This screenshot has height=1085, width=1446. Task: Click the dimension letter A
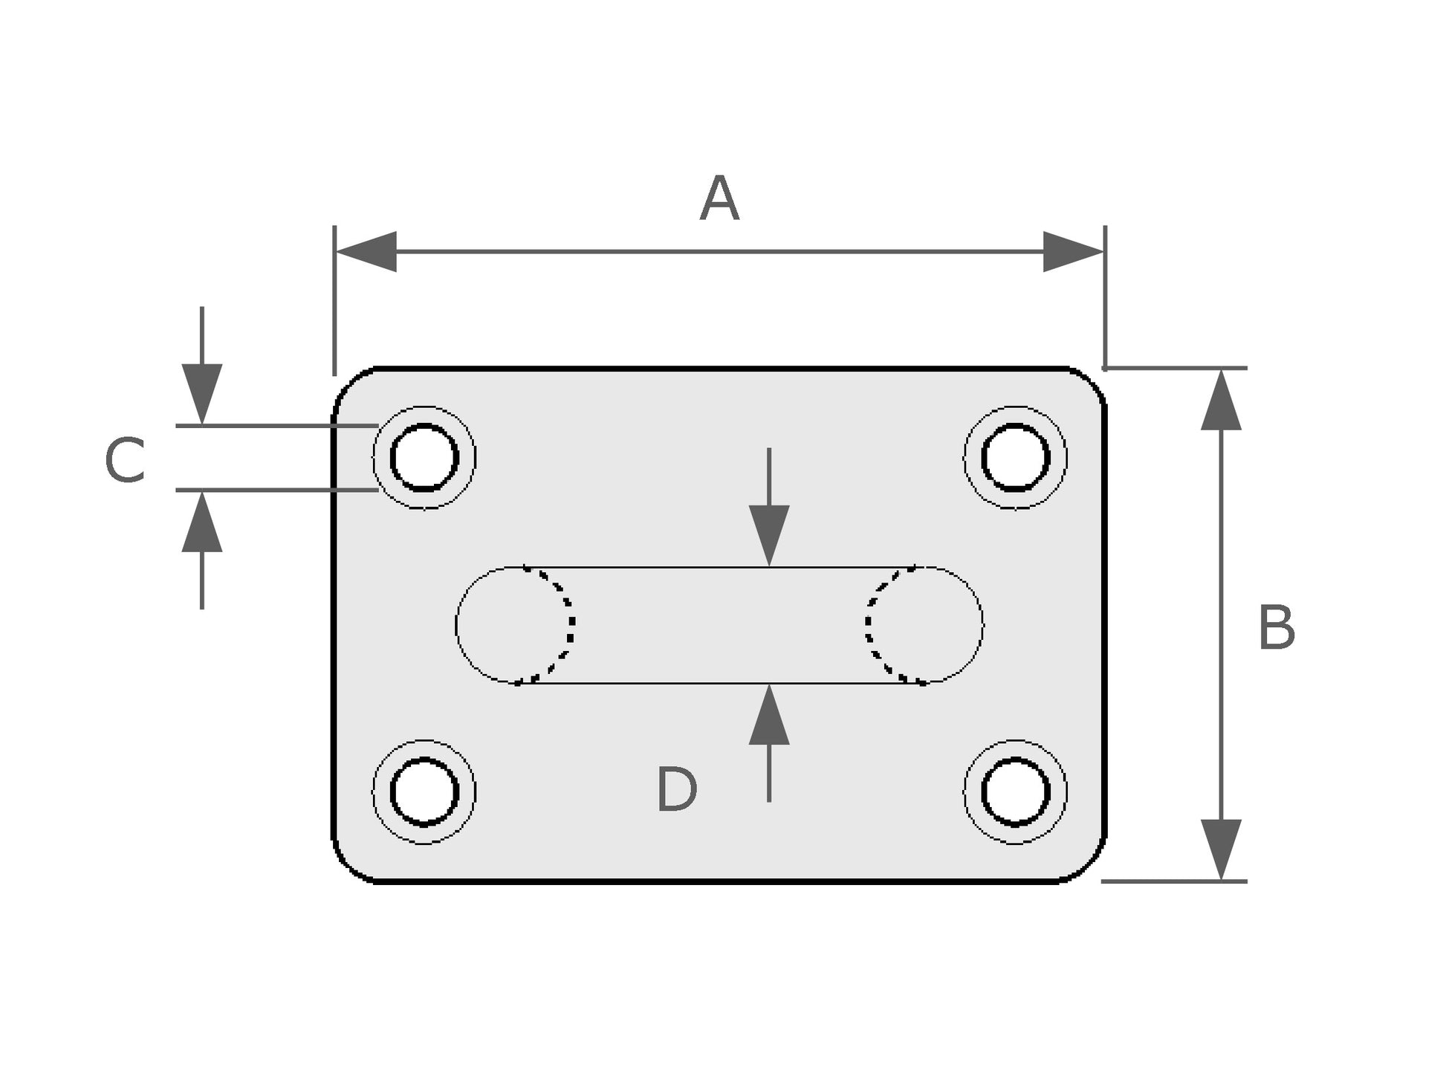tap(719, 198)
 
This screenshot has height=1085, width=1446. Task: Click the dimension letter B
tap(1276, 628)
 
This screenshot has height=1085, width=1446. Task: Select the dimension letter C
tap(125, 461)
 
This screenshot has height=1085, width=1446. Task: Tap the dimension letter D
tap(676, 790)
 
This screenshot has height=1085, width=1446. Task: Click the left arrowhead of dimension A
tap(366, 252)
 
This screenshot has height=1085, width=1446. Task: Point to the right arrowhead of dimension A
tap(1073, 252)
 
